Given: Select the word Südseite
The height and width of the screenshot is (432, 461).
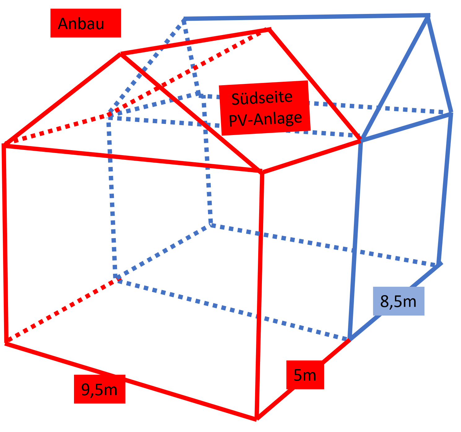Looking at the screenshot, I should click(x=262, y=98).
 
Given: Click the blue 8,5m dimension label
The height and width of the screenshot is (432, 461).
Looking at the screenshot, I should click(x=398, y=301).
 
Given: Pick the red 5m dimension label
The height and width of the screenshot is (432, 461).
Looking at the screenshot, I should click(x=305, y=375).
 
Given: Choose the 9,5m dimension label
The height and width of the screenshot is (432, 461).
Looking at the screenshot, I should click(x=99, y=389).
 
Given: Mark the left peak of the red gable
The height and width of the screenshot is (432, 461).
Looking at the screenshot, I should click(x=121, y=54).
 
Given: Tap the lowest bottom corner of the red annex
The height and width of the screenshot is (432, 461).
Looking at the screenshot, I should click(x=257, y=419).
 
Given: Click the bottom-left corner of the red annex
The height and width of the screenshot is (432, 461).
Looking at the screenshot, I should click(x=6, y=342).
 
